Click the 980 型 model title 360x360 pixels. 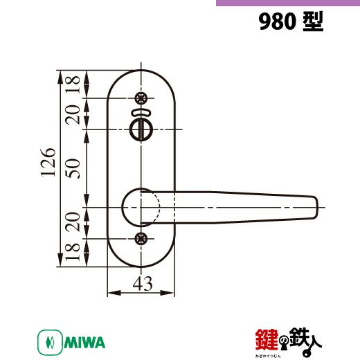click(291, 21)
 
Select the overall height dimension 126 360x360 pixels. click(48, 162)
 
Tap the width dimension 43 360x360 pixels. click(143, 283)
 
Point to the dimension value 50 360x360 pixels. click(73, 168)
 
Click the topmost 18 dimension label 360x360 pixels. click(73, 84)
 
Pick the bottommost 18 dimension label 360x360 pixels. click(73, 252)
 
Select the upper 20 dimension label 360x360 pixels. click(73, 115)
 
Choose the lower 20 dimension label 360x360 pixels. click(73, 222)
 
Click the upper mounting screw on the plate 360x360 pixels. click(141, 98)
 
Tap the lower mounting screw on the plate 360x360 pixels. click(141, 238)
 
